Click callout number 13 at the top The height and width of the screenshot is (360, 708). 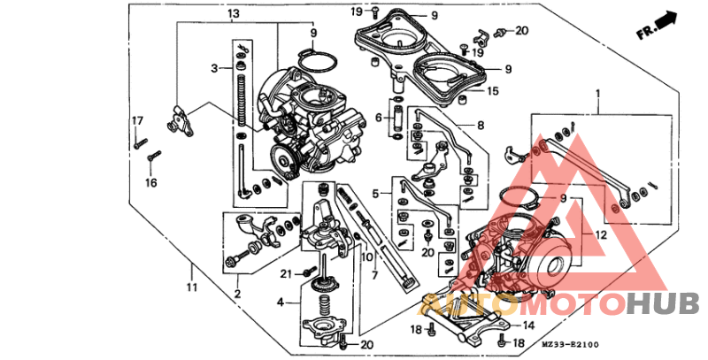pyautogui.click(x=233, y=15)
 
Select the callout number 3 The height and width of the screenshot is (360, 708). pyautogui.click(x=214, y=68)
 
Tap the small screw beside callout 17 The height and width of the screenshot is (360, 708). pyautogui.click(x=139, y=139)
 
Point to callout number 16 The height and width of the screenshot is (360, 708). pyautogui.click(x=150, y=182)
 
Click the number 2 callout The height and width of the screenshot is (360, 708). pyautogui.click(x=237, y=293)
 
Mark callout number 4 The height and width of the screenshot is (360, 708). pyautogui.click(x=281, y=302)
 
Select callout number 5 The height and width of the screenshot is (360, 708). pyautogui.click(x=375, y=193)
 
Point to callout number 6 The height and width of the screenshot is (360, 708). pyautogui.click(x=378, y=117)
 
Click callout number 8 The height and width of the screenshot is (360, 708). pyautogui.click(x=481, y=126)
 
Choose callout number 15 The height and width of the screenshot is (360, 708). pyautogui.click(x=493, y=90)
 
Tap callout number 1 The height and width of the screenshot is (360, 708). pyautogui.click(x=597, y=92)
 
